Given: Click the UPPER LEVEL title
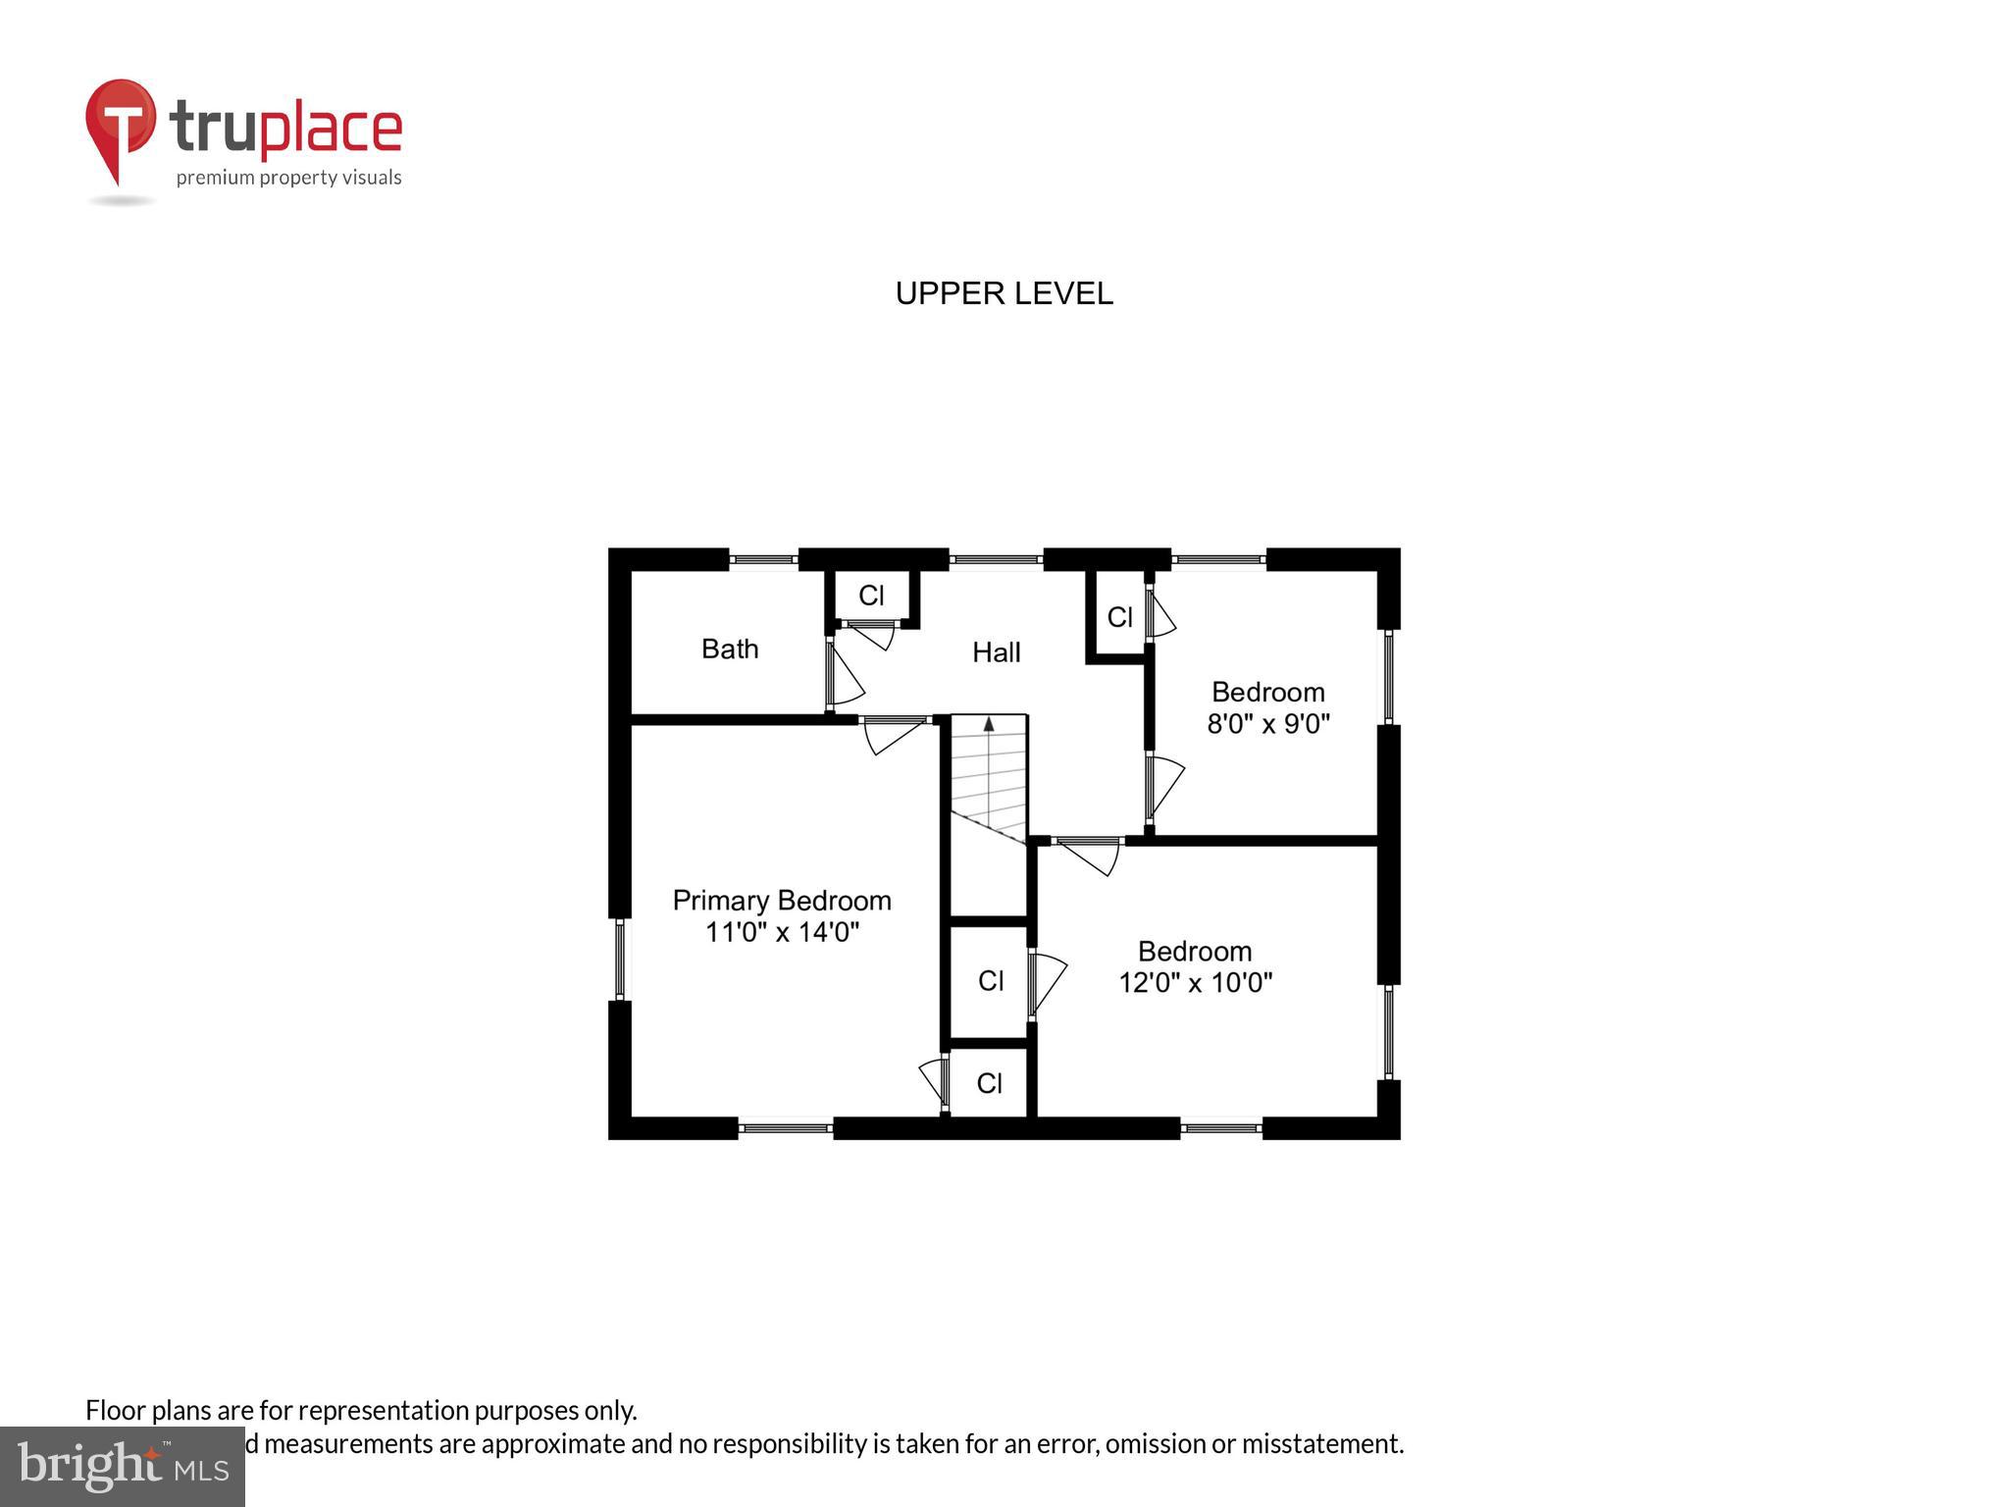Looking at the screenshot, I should pos(1004,293).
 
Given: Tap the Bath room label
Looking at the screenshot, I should pos(730,649).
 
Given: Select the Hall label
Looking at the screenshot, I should pos(996,652).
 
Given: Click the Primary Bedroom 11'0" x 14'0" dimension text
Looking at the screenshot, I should pos(782,931).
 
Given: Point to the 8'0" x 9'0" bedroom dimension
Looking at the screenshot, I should pos(1267,724).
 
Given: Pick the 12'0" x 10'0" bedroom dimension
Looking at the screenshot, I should pos(1195,982).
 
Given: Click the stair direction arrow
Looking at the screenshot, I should pos(989,724).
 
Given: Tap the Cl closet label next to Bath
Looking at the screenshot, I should pos(871,596).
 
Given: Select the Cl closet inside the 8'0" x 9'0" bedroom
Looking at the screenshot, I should pos(1119,617).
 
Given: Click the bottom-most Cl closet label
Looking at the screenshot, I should pos(989,1083).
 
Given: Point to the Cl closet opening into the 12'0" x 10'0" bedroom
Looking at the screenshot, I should pos(991,980).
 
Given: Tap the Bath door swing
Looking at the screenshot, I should pos(844,673).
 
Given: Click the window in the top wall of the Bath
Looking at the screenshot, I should pos(763,560).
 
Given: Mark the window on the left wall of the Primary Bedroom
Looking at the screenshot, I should pos(619,958).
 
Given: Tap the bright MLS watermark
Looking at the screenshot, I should pos(122,1466).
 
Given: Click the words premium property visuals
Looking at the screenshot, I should pos(288,178).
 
